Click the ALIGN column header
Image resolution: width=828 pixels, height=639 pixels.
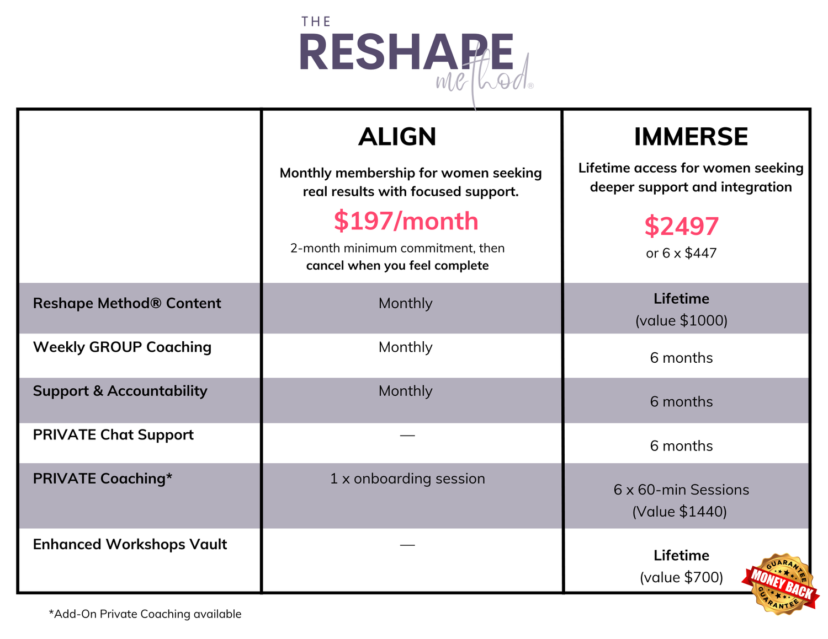pyautogui.click(x=397, y=137)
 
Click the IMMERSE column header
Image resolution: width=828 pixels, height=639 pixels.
pyautogui.click(x=691, y=137)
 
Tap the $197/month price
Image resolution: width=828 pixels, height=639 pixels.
pyautogui.click(x=406, y=221)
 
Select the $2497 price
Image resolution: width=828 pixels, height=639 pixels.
pyautogui.click(x=681, y=226)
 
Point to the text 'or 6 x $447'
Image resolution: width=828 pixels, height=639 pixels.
pyautogui.click(x=681, y=253)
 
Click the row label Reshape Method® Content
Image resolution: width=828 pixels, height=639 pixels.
pyautogui.click(x=127, y=303)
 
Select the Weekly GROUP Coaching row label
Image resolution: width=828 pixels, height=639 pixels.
pyautogui.click(x=122, y=347)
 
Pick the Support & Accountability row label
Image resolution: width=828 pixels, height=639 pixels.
pyautogui.click(x=120, y=391)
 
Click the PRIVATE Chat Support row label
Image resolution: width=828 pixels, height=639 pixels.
pyautogui.click(x=113, y=434)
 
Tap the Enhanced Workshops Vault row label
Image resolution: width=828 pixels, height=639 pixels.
pyautogui.click(x=130, y=544)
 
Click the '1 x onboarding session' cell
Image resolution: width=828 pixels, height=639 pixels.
pyautogui.click(x=407, y=479)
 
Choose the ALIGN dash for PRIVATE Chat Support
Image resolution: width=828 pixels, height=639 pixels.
pyautogui.click(x=407, y=435)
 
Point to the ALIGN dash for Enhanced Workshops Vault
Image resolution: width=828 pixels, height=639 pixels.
pyautogui.click(x=407, y=545)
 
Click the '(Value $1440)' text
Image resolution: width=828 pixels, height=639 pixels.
pyautogui.click(x=680, y=512)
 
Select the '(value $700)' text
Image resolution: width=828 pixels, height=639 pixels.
pyautogui.click(x=681, y=577)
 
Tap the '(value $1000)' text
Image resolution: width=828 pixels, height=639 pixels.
pyautogui.click(x=681, y=320)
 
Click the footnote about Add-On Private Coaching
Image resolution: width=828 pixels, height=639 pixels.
pyautogui.click(x=145, y=614)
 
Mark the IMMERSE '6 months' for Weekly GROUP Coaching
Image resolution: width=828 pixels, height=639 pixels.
pyautogui.click(x=681, y=358)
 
